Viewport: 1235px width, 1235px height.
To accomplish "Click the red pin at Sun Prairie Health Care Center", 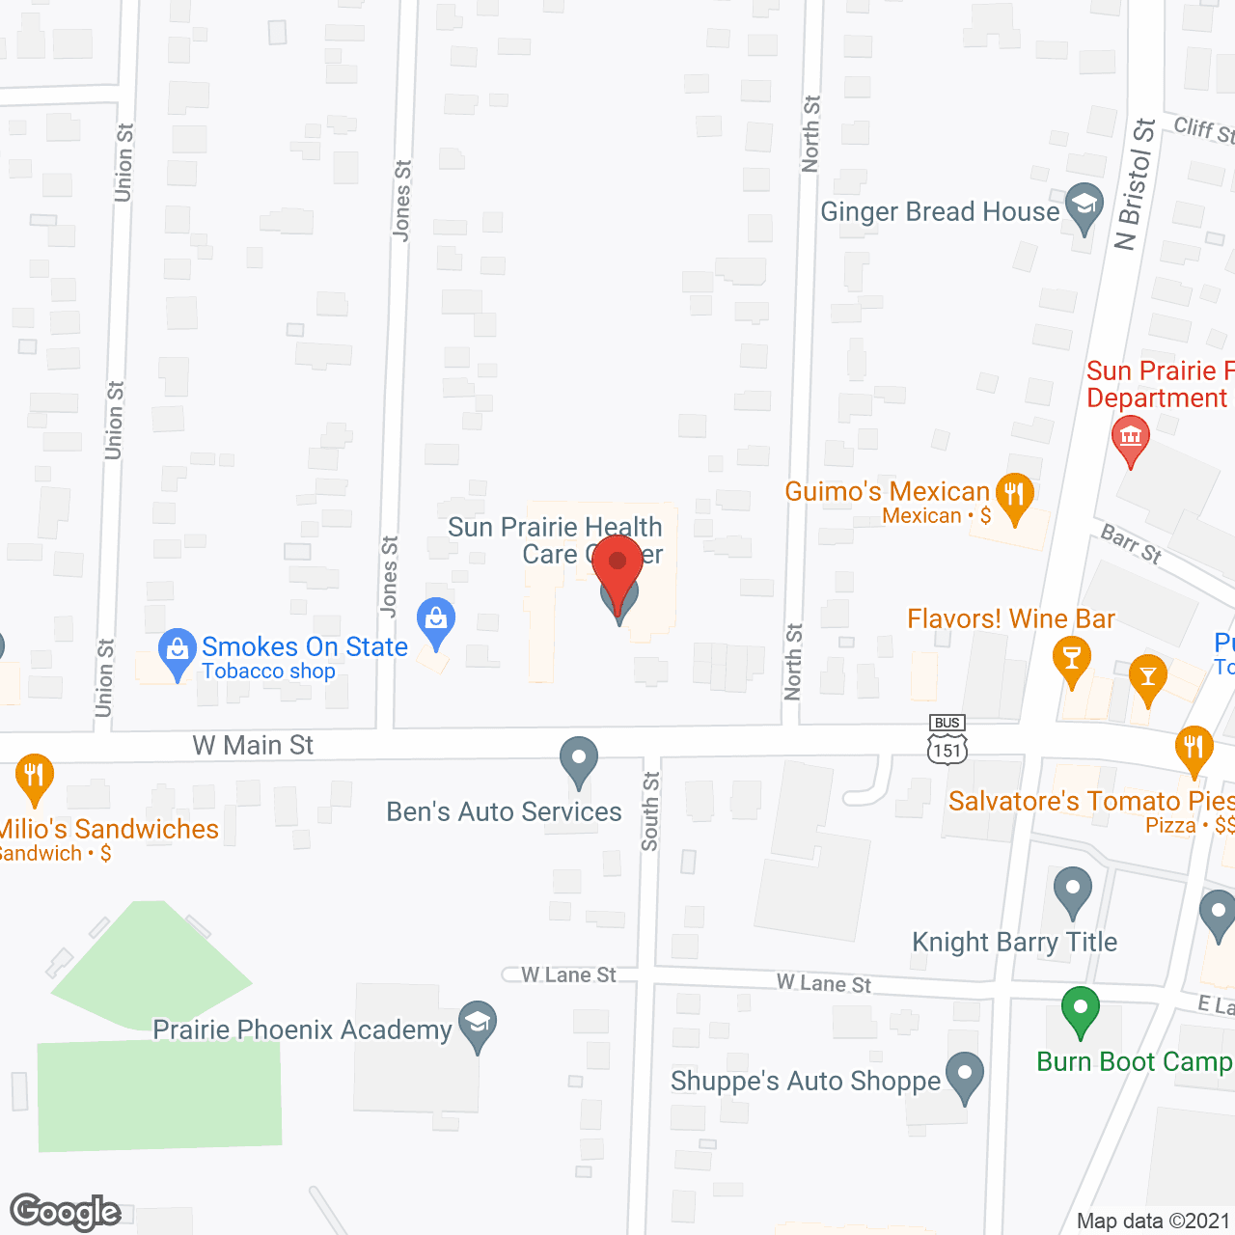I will click(617, 565).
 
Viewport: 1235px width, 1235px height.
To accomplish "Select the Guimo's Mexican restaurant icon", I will click(1014, 495).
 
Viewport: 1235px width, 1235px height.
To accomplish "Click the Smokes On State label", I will click(304, 647).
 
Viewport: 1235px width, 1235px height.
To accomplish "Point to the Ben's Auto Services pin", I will click(579, 760).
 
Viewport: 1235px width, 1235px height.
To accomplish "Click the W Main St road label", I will click(253, 745).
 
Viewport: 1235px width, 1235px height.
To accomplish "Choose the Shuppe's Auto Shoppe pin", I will click(964, 1075).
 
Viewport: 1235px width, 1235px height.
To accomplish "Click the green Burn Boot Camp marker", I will click(1080, 1009).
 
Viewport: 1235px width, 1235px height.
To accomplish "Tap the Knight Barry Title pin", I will click(1072, 890).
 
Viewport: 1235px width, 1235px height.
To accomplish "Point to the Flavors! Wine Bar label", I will click(1010, 618).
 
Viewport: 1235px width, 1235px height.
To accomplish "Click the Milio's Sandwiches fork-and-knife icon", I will click(34, 776).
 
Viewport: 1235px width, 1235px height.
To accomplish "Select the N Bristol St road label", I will click(1135, 184).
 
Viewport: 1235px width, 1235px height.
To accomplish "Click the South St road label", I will click(650, 811).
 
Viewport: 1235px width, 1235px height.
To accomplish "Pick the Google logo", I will click(66, 1212).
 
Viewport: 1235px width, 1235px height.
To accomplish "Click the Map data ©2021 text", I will click(1153, 1221).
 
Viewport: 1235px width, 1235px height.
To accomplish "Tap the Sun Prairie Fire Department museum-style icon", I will click(1130, 437).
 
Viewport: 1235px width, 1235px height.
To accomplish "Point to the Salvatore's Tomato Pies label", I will click(1091, 801).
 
